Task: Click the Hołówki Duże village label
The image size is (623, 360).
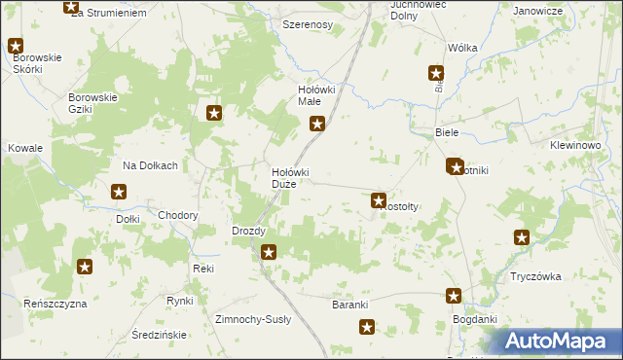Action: click(x=289, y=178)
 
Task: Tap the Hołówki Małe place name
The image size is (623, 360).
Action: click(x=316, y=95)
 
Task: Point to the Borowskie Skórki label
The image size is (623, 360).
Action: click(x=36, y=64)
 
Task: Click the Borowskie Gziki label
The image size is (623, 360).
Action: click(x=92, y=103)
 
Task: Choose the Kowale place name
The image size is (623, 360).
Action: click(x=26, y=148)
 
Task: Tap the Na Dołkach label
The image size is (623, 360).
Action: click(x=150, y=165)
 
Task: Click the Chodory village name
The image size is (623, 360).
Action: click(x=178, y=216)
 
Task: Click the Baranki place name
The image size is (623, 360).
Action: click(x=349, y=305)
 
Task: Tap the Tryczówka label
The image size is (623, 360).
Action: click(x=535, y=276)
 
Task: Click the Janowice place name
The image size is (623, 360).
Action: click(x=538, y=11)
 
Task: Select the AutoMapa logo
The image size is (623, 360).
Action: click(x=560, y=341)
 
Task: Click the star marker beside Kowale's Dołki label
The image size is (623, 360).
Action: click(x=120, y=193)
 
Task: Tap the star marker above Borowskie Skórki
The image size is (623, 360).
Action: click(x=17, y=45)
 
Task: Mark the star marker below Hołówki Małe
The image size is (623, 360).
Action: click(x=317, y=124)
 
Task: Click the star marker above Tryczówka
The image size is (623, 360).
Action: click(x=523, y=236)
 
